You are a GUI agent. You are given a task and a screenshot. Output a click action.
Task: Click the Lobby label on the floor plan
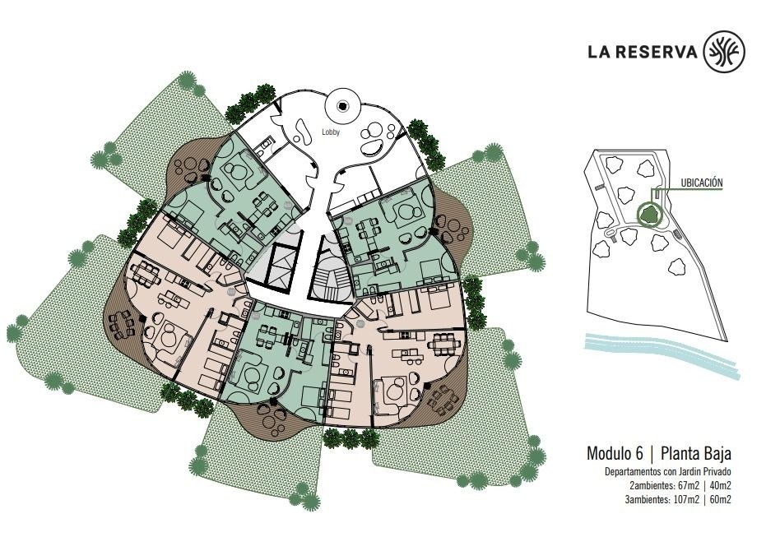pyautogui.click(x=330, y=132)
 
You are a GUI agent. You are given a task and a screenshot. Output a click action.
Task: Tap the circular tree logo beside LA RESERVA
pyautogui.click(x=724, y=51)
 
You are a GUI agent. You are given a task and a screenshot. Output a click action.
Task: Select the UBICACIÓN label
pyautogui.click(x=701, y=183)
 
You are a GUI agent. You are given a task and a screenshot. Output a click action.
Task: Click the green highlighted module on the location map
pyautogui.click(x=649, y=215)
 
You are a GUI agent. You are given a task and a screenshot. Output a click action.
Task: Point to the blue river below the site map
pyautogui.click(x=662, y=355)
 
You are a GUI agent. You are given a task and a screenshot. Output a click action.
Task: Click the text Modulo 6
pyautogui.click(x=615, y=453)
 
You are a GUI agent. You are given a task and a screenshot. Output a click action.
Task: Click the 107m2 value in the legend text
pyautogui.click(x=685, y=500)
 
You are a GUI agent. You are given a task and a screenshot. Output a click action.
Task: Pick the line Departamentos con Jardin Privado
pyautogui.click(x=667, y=472)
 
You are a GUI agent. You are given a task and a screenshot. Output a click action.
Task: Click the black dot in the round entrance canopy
pyautogui.click(x=342, y=105)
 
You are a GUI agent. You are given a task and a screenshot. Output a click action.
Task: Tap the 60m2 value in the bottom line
pyautogui.click(x=720, y=500)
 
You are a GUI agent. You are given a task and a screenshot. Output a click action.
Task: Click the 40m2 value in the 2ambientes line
pyautogui.click(x=720, y=486)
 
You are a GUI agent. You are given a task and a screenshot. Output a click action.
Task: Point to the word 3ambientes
pyautogui.click(x=645, y=500)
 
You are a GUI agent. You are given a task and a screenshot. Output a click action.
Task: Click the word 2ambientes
pyautogui.click(x=648, y=486)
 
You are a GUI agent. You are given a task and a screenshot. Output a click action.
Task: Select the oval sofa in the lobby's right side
pyautogui.click(x=370, y=148)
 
